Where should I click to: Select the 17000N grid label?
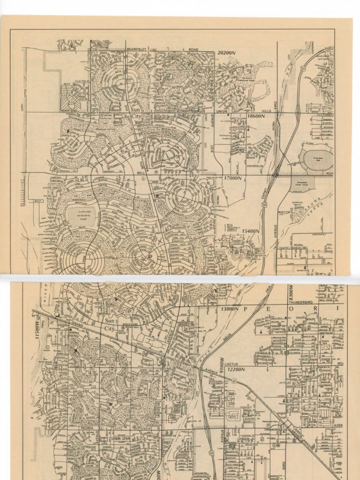[x=232, y=178]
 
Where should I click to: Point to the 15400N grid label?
[x=251, y=231]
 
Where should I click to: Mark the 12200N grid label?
[x=236, y=369]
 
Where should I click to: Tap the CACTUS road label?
[x=232, y=364]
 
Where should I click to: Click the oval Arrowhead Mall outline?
[x=317, y=159]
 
